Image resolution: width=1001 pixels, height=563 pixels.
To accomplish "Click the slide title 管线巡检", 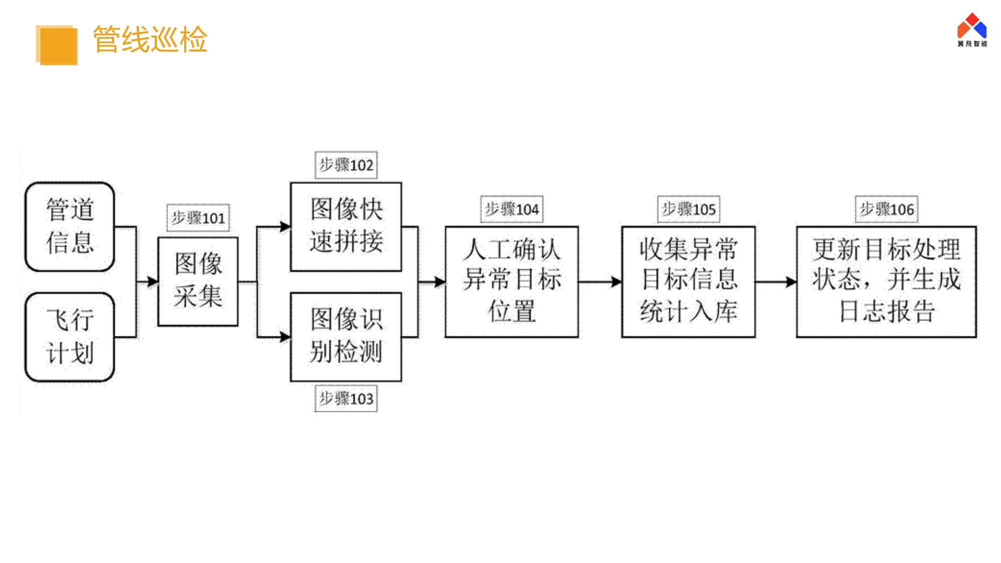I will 150,40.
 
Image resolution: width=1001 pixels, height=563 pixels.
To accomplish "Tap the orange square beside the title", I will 57,45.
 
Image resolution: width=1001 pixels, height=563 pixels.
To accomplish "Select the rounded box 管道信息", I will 70,226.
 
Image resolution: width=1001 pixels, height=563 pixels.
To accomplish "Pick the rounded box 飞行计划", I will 70,337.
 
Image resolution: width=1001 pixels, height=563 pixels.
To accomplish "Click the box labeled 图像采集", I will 198,281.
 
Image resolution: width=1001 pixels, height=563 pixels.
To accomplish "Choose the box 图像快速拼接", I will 346,226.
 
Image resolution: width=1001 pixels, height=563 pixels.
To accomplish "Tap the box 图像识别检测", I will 346,337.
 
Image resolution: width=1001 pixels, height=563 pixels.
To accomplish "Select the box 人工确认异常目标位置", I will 512,281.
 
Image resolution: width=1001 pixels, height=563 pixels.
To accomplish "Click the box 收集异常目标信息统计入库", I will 688,281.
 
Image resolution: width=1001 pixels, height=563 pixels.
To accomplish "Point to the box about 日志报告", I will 886,281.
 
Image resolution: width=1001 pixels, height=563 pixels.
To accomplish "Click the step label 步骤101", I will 198,218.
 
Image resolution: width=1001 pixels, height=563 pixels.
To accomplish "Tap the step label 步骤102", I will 346,165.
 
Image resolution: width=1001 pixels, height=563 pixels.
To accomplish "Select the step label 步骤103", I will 346,399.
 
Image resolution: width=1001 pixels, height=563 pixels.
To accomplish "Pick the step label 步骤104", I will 512,209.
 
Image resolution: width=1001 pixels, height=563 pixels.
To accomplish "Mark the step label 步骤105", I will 688,209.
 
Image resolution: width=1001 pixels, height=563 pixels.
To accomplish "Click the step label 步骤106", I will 886,209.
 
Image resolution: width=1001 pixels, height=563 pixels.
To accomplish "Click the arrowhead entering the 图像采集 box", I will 153,282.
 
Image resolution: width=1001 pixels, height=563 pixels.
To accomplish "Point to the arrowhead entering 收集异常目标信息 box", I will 617,282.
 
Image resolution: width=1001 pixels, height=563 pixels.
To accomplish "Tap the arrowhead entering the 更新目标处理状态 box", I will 791,282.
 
